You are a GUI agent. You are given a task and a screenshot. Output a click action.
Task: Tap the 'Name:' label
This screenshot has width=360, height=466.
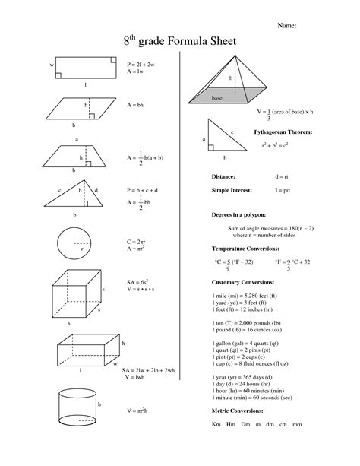coord(286,25)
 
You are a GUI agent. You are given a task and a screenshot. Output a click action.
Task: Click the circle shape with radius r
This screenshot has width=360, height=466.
coord(74,244)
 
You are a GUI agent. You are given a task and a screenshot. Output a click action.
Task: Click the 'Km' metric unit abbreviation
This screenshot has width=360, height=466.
coord(216,424)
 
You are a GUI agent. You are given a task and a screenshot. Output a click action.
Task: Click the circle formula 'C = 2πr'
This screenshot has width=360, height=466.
coord(137,241)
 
